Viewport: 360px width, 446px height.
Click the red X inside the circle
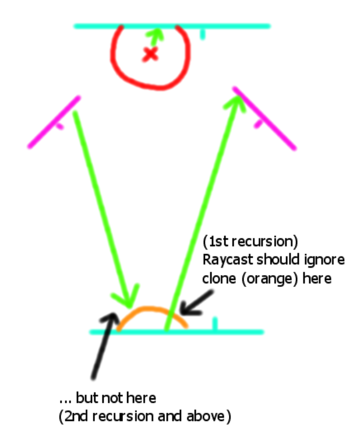coord(151,54)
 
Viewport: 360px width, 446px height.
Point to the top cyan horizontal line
coord(233,26)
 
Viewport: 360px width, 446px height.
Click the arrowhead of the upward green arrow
coord(235,101)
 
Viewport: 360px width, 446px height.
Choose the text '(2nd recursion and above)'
coord(145,417)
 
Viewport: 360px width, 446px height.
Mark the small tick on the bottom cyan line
coord(215,324)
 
